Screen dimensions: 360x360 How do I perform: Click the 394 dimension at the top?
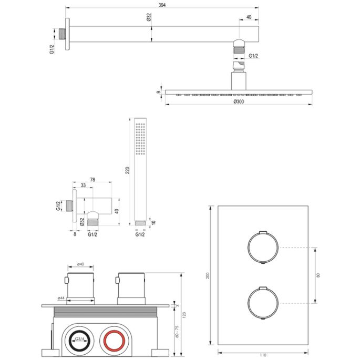click(162, 5)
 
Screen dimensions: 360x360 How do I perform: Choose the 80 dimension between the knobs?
click(318, 275)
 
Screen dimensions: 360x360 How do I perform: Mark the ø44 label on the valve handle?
click(61, 299)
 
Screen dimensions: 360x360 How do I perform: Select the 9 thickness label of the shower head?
click(158, 92)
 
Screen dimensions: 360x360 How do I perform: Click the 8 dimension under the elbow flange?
click(75, 234)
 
